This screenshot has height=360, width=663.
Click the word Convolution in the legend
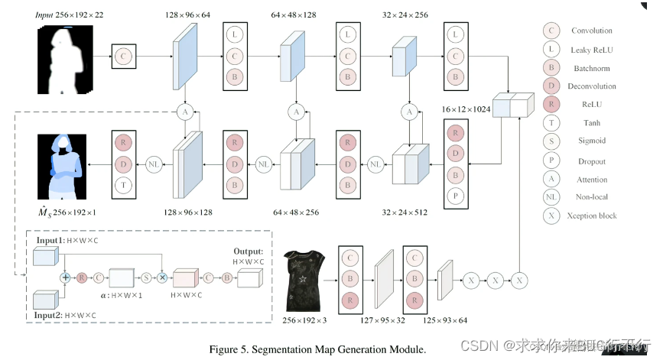(591, 31)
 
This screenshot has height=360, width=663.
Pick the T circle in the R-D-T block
(122, 186)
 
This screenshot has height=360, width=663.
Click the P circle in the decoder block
(457, 196)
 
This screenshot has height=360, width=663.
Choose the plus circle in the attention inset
(66, 277)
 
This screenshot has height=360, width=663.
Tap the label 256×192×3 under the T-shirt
(305, 320)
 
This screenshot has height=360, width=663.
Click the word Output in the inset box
(250, 250)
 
